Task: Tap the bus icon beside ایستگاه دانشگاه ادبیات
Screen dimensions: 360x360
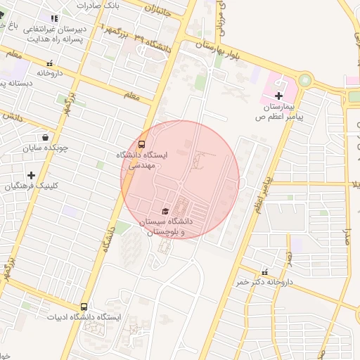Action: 84,307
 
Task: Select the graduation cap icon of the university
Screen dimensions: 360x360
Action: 165,211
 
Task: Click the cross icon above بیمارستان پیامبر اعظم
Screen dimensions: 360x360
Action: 279,96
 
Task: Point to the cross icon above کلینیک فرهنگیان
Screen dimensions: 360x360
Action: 31,175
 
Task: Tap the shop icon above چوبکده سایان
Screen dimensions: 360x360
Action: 46,138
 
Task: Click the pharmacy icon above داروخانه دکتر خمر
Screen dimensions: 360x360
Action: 264,272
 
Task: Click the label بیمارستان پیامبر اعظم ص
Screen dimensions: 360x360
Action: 279,112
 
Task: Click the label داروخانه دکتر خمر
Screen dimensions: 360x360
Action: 263,282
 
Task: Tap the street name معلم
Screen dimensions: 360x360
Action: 132,94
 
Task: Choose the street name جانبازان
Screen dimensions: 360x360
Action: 160,10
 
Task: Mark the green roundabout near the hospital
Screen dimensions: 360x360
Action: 304,80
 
